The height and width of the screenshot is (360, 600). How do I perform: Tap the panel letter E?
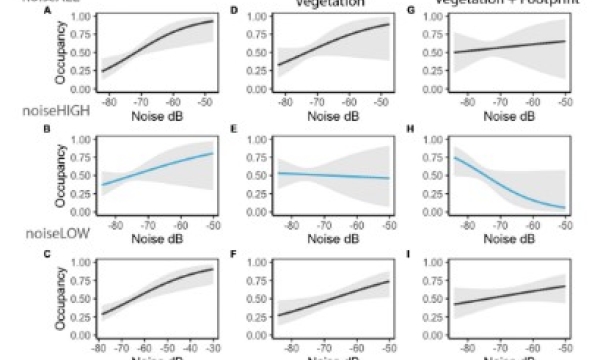click(234, 131)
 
